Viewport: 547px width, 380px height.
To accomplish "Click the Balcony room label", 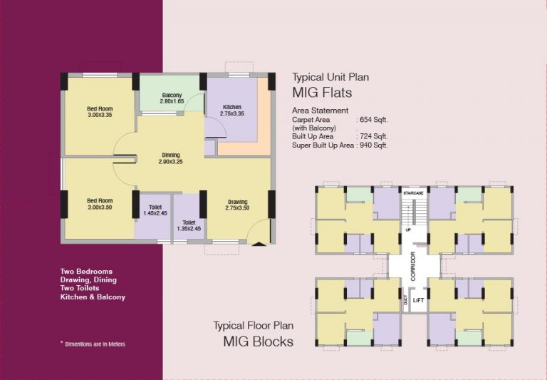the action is point(172,98).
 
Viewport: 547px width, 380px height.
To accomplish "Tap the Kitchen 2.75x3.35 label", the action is point(232,110).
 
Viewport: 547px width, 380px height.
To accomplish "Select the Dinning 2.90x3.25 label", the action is point(171,158).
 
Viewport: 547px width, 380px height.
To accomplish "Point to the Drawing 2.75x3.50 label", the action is point(238,205).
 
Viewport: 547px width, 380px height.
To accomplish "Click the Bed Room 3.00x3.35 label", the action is point(100,112).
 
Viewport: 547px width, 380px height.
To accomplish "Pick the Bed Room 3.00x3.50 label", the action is point(100,204).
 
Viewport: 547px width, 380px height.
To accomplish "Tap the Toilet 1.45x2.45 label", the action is point(155,210).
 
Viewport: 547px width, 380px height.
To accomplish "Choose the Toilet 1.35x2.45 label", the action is point(189,225).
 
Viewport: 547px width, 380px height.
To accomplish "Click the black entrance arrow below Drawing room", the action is point(259,244).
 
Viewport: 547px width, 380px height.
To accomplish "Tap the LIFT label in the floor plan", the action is point(418,300).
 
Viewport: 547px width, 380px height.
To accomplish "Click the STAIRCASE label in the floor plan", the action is point(413,193).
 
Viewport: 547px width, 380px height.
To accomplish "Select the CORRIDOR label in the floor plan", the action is point(413,266).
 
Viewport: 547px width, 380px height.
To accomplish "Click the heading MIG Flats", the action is point(322,93).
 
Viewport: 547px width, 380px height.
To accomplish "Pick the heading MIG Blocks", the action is point(258,342).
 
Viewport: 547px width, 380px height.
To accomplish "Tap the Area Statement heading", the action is point(320,111).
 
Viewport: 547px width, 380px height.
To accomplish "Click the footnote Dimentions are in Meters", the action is point(95,344).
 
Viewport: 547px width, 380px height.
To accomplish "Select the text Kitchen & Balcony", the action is point(93,297).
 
